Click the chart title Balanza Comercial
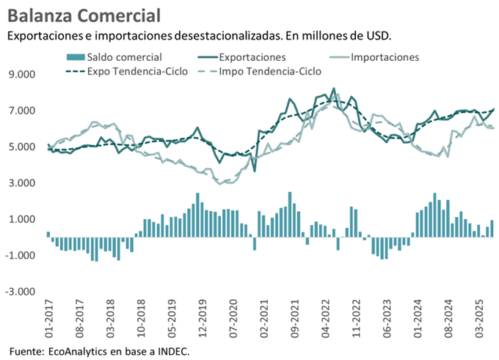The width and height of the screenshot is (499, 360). tap(86, 15)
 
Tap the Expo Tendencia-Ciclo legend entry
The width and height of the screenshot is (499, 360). tap(137, 71)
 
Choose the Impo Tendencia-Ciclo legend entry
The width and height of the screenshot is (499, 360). tap(272, 71)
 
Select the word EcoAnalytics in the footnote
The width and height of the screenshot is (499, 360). tap(76, 351)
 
